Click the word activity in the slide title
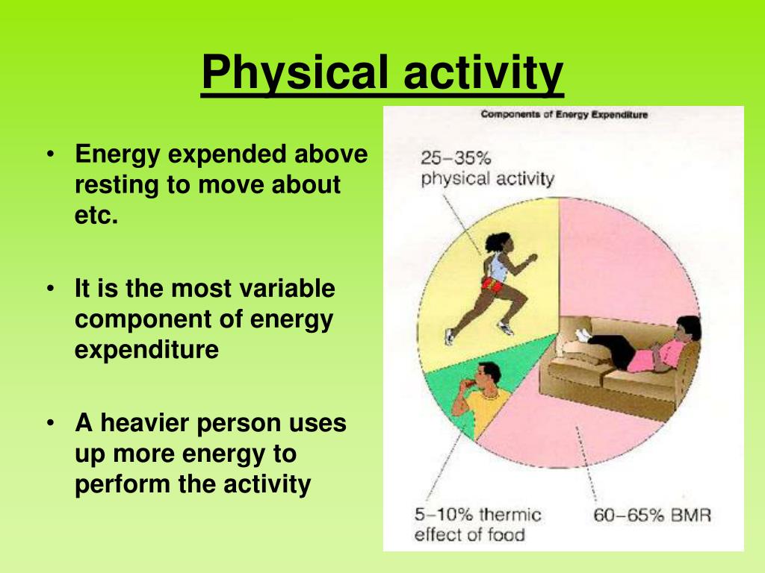[x=483, y=73]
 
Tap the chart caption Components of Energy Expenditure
[x=564, y=114]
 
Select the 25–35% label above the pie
[x=456, y=158]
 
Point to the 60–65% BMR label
[x=651, y=515]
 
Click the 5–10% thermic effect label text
[x=477, y=525]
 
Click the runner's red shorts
[x=493, y=284]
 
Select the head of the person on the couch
[x=688, y=329]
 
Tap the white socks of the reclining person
[x=583, y=335]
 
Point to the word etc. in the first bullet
[x=96, y=215]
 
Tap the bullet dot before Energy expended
[x=50, y=154]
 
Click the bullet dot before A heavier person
[x=50, y=423]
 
